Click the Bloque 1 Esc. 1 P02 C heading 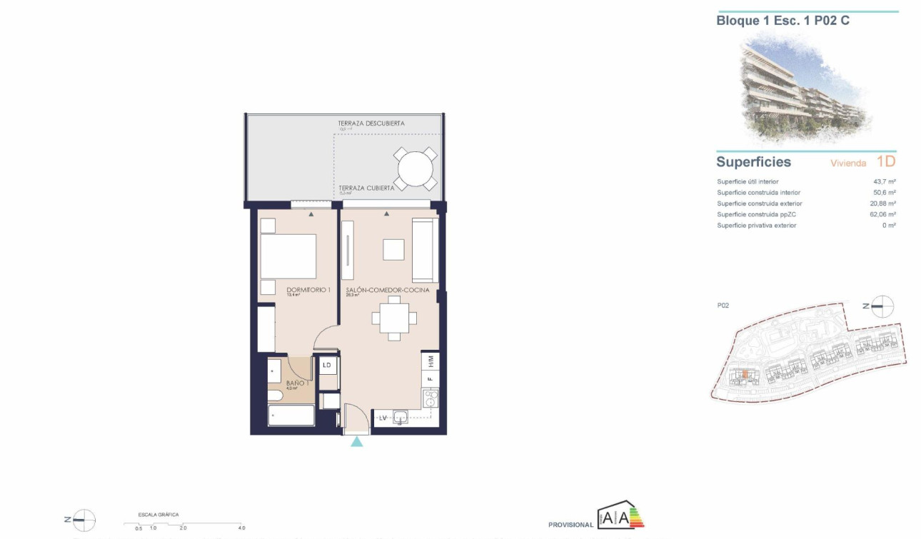pyautogui.click(x=782, y=21)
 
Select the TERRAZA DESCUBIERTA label pyautogui.click(x=371, y=124)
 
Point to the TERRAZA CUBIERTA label pyautogui.click(x=366, y=188)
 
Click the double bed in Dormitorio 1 pyautogui.click(x=288, y=256)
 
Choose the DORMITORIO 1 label pyautogui.click(x=308, y=290)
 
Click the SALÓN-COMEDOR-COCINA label pyautogui.click(x=388, y=291)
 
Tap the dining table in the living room pyautogui.click(x=394, y=318)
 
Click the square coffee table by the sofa pyautogui.click(x=393, y=249)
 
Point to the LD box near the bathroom pyautogui.click(x=328, y=366)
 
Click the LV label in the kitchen pyautogui.click(x=382, y=418)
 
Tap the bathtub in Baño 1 pyautogui.click(x=291, y=415)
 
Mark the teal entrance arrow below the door pyautogui.click(x=356, y=442)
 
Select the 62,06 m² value pyautogui.click(x=884, y=214)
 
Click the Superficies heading pyautogui.click(x=753, y=162)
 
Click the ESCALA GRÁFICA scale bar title pyautogui.click(x=158, y=514)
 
